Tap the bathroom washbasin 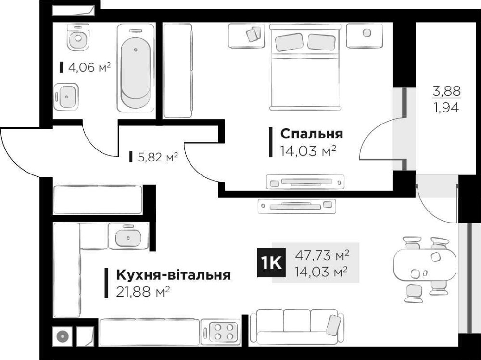66,97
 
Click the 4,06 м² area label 89,68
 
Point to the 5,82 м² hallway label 157,156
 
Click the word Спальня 311,133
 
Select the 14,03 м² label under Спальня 307,151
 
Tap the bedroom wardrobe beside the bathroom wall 177,70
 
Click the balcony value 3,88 447,90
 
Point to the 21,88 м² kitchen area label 143,292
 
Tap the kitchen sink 128,236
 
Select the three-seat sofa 297,326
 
